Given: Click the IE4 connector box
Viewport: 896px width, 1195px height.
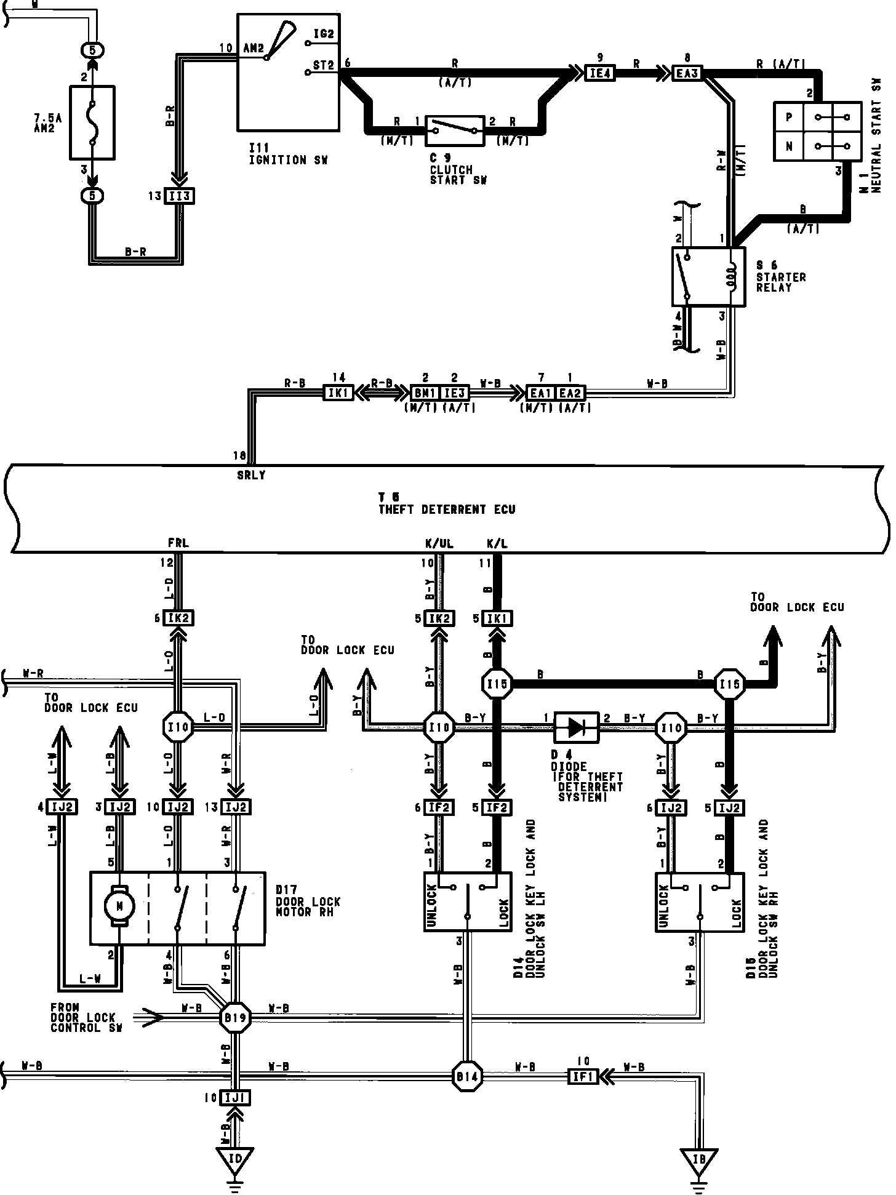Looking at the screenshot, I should (x=599, y=74).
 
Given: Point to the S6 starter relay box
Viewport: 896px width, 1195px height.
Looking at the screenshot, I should (x=708, y=276).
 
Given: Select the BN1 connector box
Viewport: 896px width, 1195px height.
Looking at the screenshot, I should (x=426, y=392).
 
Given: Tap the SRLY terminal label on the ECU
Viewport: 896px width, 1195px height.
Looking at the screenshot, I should (x=251, y=476).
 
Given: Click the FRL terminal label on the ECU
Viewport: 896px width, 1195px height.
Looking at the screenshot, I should (x=178, y=543).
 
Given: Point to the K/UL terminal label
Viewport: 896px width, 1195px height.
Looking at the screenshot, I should (x=436, y=543).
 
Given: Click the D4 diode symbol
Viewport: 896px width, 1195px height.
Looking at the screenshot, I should (x=576, y=727).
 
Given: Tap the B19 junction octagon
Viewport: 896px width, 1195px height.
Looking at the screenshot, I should (x=234, y=1018).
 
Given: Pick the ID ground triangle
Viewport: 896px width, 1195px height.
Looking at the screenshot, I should (x=235, y=1159).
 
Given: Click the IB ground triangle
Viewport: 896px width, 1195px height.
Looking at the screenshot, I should (x=698, y=1159).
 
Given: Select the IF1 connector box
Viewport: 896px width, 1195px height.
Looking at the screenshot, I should (x=582, y=1076).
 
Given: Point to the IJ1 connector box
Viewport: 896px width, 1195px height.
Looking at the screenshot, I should (x=236, y=1097).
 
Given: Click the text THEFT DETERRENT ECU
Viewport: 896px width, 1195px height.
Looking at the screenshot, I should (x=447, y=510).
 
